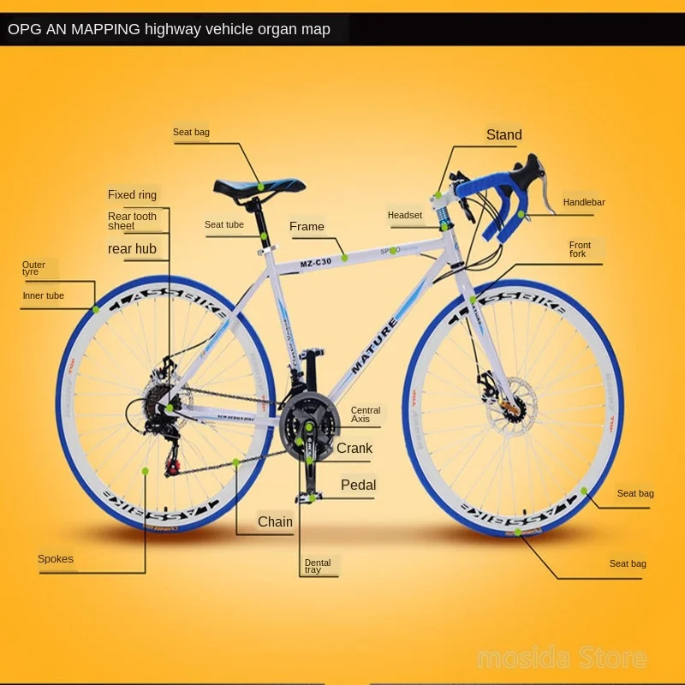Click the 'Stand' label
pos(503,134)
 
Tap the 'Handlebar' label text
pos(584,203)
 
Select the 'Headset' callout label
pos(404,215)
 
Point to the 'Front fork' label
pos(580,249)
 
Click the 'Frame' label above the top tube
pos(307,226)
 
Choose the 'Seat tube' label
pos(224,224)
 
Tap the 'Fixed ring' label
pos(132,195)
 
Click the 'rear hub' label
pos(132,248)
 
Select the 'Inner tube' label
pos(43,295)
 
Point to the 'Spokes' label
pos(56,559)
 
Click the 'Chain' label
pos(275,521)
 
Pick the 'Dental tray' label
pos(317,566)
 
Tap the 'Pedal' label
pos(358,485)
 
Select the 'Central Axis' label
pos(366,414)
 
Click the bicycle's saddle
pos(259,186)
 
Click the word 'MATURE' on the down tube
pos(374,347)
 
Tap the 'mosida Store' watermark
pos(562,658)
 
